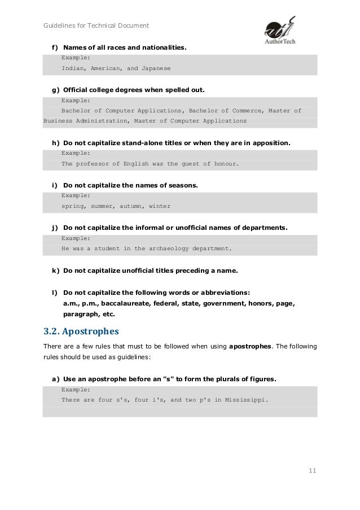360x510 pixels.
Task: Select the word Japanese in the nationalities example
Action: pos(155,68)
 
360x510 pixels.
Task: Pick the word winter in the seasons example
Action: pos(160,206)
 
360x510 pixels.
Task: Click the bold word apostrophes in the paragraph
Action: pos(251,346)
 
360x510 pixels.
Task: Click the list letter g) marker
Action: pos(56,90)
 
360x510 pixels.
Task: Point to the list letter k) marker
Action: pos(56,271)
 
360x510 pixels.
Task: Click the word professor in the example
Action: pos(93,164)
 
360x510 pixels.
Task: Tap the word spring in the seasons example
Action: pos(72,206)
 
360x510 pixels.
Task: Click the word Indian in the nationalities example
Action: pos(72,68)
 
